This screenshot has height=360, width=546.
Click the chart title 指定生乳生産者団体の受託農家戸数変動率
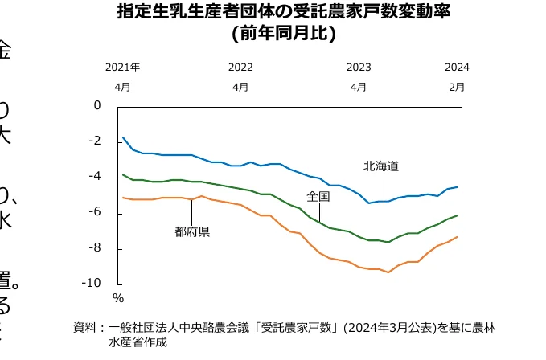284,13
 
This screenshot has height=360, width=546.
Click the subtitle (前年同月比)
283,34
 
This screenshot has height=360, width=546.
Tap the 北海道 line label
381,166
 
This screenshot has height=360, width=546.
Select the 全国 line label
318,196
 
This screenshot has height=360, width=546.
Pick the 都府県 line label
192,232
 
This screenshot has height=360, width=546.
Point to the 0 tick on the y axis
97,105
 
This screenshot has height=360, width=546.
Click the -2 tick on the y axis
95,141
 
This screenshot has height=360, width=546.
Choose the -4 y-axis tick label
95,177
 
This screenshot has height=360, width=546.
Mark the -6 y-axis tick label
95,213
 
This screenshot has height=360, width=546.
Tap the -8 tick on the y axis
95,248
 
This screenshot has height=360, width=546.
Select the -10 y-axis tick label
92,284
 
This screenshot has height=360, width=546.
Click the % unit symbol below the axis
117,299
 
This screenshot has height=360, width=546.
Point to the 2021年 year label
122,67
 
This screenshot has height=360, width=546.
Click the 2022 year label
240,67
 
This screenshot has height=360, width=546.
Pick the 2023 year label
359,67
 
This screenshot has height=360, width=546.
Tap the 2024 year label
456,67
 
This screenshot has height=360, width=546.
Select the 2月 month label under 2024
456,86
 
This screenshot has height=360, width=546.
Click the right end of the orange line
458,237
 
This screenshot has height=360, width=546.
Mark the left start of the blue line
122,137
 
